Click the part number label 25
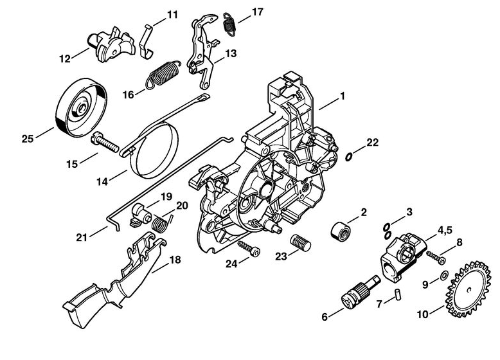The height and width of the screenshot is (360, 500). (28, 139)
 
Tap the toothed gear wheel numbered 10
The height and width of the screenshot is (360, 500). (468, 289)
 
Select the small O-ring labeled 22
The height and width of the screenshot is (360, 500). (350, 157)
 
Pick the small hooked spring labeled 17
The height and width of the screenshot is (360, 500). (229, 22)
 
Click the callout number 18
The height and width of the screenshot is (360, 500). (175, 260)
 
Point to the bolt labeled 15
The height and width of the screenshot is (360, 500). (105, 142)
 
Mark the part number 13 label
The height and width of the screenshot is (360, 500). (231, 53)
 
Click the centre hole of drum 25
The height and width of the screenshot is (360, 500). (82, 109)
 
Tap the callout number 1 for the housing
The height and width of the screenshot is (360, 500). (342, 96)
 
